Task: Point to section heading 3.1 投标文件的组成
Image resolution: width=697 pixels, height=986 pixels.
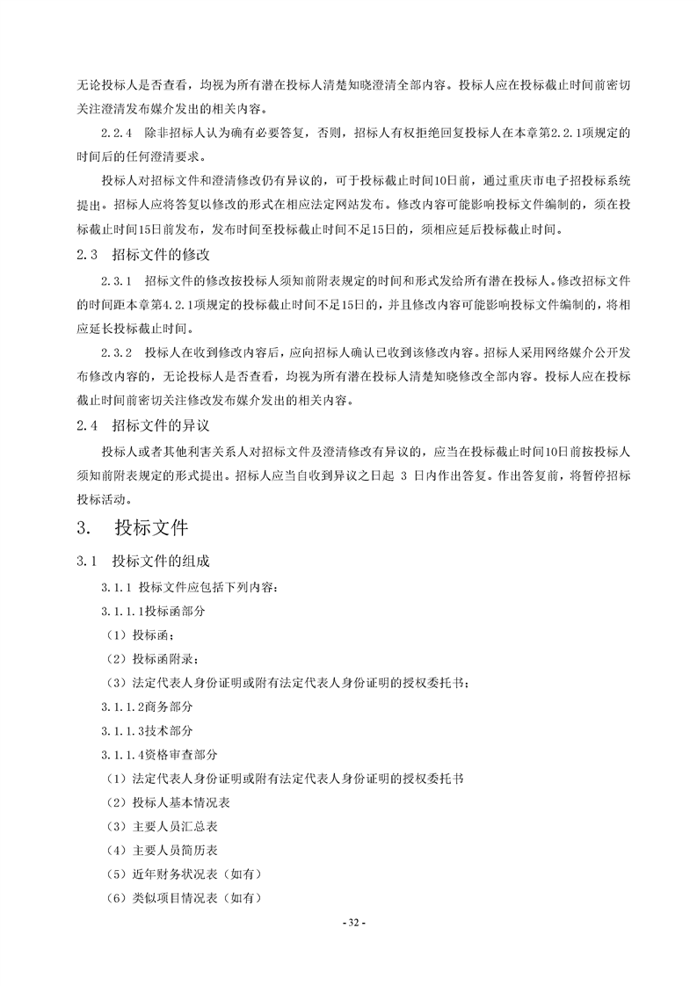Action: tap(144, 561)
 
